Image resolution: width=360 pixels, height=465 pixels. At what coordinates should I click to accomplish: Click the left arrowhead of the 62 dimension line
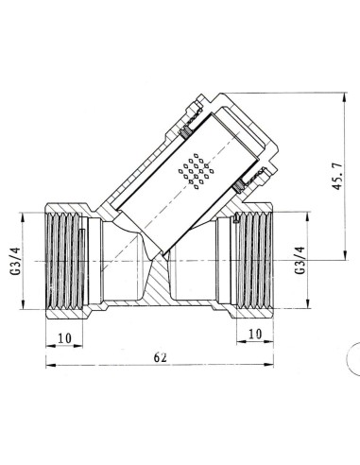click(46, 368)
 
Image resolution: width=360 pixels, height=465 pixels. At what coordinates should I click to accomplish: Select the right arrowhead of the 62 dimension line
click(275, 368)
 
